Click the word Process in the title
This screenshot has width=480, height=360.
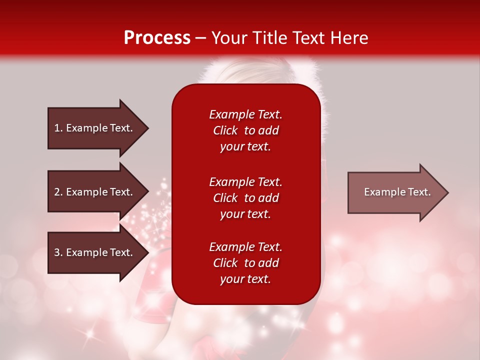tap(157, 38)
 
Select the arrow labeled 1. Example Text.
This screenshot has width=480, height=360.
tap(95, 128)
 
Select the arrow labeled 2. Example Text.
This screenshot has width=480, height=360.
tap(95, 192)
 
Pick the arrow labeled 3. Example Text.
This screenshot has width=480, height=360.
tap(95, 252)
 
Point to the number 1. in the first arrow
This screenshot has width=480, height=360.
tap(58, 128)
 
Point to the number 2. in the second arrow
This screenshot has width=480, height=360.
tap(58, 192)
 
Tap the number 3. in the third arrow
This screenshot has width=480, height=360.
tap(58, 252)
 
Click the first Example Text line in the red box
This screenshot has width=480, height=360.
tap(245, 114)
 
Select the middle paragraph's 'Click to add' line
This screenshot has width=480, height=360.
tap(245, 198)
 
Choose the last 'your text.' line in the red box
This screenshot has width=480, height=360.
tap(245, 279)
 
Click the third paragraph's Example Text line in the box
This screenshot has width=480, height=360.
tap(245, 247)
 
